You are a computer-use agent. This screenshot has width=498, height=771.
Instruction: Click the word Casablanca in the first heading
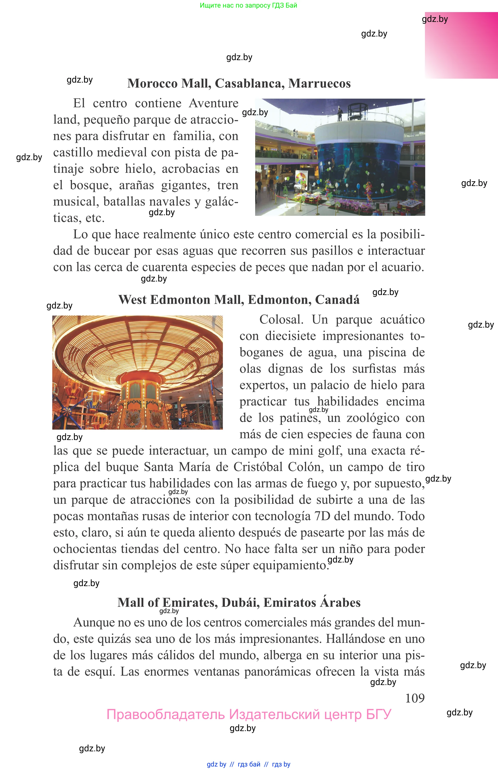click(249, 83)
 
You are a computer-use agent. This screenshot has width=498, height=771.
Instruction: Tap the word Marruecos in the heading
click(319, 83)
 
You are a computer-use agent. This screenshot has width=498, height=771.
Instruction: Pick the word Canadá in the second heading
click(337, 300)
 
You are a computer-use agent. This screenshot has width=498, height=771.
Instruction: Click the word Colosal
click(281, 319)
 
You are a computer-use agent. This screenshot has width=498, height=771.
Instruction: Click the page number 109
click(415, 698)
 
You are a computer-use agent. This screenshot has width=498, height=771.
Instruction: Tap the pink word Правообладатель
click(165, 715)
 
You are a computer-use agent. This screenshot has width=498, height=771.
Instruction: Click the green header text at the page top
click(248, 6)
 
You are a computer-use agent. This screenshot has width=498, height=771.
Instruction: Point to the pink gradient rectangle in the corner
click(461, 45)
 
